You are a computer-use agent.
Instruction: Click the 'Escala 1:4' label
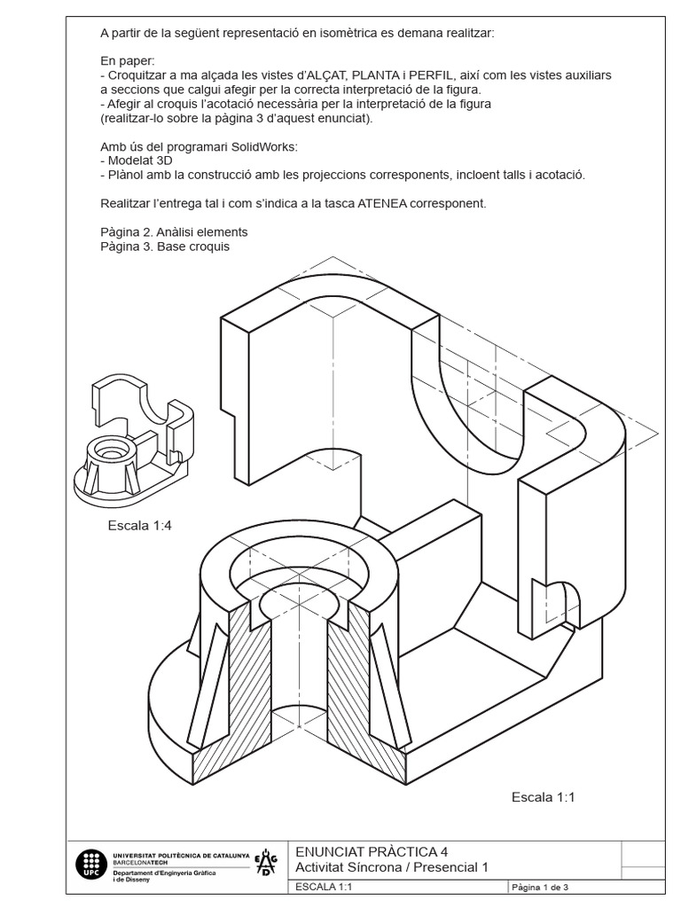pyautogui.click(x=139, y=525)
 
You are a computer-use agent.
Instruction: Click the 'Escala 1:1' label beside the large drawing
pyautogui.click(x=544, y=797)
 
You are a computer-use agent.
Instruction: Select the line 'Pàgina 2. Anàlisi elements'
pyautogui.click(x=174, y=232)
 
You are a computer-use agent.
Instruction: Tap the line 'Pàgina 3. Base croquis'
pyautogui.click(x=165, y=247)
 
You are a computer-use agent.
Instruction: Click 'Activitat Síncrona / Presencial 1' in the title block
pyautogui.click(x=391, y=867)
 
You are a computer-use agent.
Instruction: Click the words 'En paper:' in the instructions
pyautogui.click(x=127, y=60)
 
